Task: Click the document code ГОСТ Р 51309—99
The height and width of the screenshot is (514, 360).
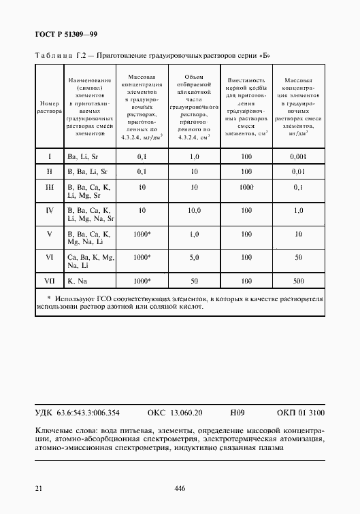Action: click(x=67, y=34)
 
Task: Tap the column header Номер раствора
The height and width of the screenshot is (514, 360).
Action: click(x=49, y=105)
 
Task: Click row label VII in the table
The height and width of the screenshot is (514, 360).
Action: click(x=49, y=280)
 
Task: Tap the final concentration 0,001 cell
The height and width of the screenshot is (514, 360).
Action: click(x=299, y=156)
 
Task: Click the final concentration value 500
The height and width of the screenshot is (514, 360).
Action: click(x=299, y=280)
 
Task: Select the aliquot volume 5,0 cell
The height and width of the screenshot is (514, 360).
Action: click(x=195, y=258)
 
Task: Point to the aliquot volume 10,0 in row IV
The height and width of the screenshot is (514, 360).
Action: click(x=195, y=211)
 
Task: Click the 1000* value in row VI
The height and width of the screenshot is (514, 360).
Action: click(x=143, y=258)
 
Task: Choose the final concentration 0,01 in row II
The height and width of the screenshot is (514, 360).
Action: click(x=299, y=171)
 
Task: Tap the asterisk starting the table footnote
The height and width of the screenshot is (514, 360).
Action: click(x=49, y=298)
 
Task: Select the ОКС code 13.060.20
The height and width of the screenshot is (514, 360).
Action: click(x=176, y=412)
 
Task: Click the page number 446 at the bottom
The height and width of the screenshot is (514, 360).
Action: click(x=180, y=488)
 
